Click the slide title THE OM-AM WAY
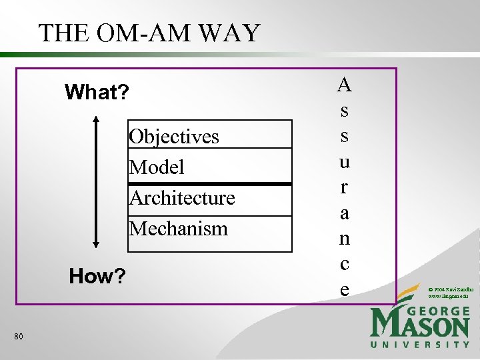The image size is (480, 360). (149, 33)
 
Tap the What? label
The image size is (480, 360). (97, 92)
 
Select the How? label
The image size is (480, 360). (97, 276)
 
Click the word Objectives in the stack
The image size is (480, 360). (174, 137)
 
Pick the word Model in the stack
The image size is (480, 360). (157, 167)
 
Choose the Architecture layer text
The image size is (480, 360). (182, 198)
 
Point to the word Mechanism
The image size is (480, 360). (179, 229)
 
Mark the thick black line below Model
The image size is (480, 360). (210, 183)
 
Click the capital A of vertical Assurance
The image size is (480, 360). (344, 85)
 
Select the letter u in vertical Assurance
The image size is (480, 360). (344, 162)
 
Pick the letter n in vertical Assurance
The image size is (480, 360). (344, 239)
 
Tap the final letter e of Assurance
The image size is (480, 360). (344, 289)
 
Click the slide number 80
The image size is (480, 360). (18, 337)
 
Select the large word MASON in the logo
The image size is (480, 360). (420, 327)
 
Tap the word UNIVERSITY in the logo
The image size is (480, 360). (420, 345)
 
